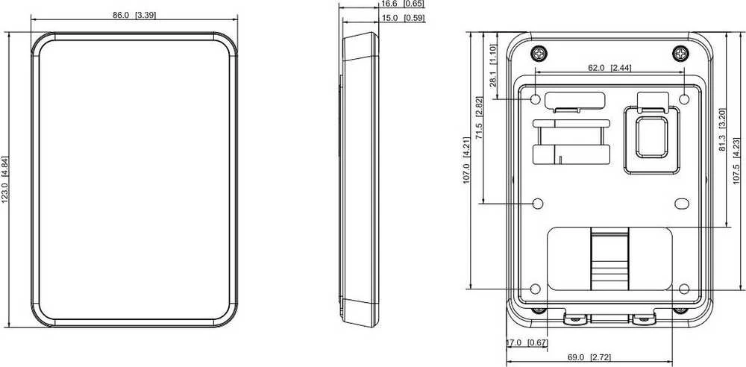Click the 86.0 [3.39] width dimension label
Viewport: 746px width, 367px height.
(134, 15)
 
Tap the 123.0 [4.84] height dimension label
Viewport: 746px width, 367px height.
(4, 180)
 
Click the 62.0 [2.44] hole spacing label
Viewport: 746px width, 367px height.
(609, 68)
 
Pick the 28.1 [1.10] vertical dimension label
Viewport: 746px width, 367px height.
(493, 66)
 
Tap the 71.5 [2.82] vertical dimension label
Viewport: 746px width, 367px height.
(479, 118)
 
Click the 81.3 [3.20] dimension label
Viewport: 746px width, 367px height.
(721, 130)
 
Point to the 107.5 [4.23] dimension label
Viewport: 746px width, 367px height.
(736, 161)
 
